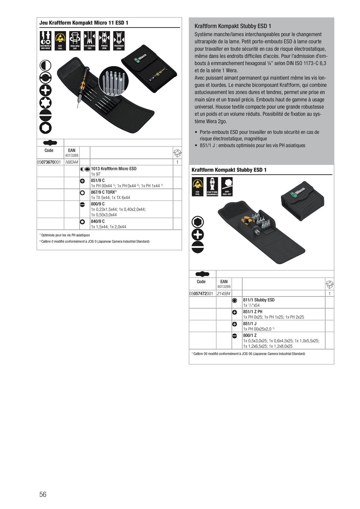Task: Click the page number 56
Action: click(43, 494)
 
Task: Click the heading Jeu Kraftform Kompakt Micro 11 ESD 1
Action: click(84, 23)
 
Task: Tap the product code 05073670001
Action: click(49, 162)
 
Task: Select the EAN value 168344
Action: click(71, 162)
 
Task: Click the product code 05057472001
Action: click(201, 294)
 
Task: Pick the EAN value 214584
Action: click(223, 294)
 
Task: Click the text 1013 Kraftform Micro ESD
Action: click(114, 169)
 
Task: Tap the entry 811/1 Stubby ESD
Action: click(259, 300)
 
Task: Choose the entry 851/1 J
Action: click(250, 324)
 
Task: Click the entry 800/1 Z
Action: click(250, 335)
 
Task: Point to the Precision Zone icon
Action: click(119, 41)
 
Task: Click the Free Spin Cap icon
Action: click(75, 41)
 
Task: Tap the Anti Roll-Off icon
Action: click(227, 186)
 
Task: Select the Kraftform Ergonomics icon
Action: click(212, 186)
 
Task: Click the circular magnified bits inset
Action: click(114, 80)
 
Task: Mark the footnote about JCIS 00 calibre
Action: click(249, 354)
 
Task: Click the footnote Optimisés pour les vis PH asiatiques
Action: click(65, 235)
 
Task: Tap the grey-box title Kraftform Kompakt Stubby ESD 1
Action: click(233, 26)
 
